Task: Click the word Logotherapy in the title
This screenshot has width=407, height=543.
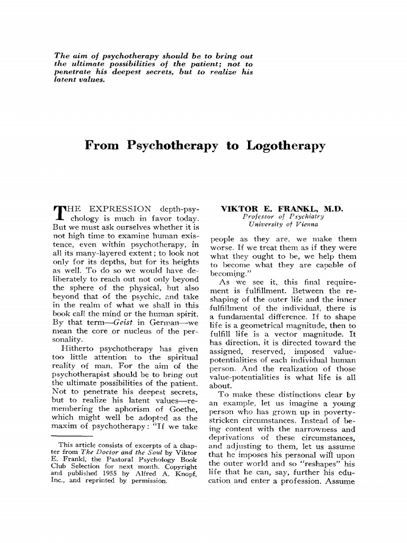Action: point(286,146)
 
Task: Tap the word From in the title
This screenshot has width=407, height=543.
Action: point(102,146)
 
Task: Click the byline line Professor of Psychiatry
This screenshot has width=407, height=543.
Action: point(283,217)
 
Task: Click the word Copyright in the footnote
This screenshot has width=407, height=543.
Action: point(181,452)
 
